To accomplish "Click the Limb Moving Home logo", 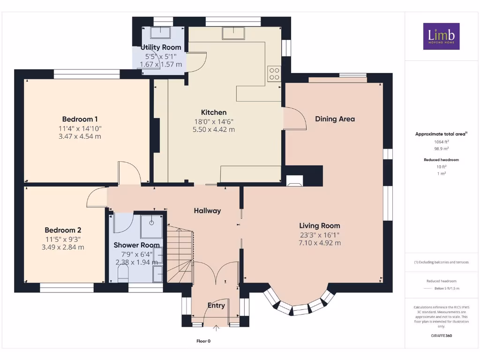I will [x=441, y=36].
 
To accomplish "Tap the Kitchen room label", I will [x=214, y=112].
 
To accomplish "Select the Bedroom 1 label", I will [x=80, y=119].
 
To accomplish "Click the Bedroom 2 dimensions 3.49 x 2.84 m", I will [x=63, y=247].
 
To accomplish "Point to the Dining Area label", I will [x=335, y=119].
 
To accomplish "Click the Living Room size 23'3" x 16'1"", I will [x=320, y=234].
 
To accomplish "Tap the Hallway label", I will [x=207, y=211].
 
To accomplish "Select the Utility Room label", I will [x=161, y=47].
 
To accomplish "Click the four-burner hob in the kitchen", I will [x=274, y=74].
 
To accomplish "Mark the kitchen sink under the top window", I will [x=233, y=34].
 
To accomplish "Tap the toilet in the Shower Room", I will [x=122, y=274].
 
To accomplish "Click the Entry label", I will [x=216, y=306].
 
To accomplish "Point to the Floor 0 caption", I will [x=206, y=341].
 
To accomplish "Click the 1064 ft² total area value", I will [x=441, y=142].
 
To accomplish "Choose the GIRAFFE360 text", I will [x=441, y=336].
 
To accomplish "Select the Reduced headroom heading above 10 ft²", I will [x=441, y=160].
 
